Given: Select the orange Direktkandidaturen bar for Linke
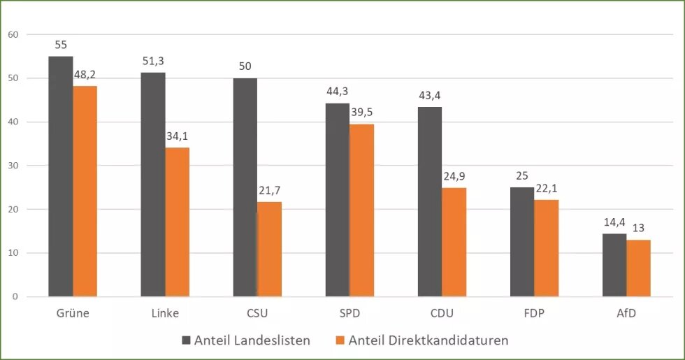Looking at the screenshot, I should (x=177, y=222).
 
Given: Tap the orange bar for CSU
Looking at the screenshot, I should (x=270, y=249).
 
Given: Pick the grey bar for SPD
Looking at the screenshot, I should (x=337, y=200).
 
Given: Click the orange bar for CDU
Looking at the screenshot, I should (x=454, y=242).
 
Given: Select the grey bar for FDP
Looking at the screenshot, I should (x=522, y=242).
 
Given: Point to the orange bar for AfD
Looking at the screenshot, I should (x=638, y=268).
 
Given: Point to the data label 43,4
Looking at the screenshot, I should (x=429, y=96).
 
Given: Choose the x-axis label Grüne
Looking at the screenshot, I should (x=73, y=313).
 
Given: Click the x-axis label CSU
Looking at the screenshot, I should (x=257, y=313).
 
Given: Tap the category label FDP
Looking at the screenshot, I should (x=534, y=313).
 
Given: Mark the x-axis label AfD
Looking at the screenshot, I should (x=626, y=313).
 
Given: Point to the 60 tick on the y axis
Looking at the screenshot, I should (x=13, y=34).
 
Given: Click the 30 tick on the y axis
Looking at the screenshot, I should (x=13, y=166).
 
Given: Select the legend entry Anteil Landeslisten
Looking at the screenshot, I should (x=245, y=340).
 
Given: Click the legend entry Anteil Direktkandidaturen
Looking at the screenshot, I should (x=421, y=340).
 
